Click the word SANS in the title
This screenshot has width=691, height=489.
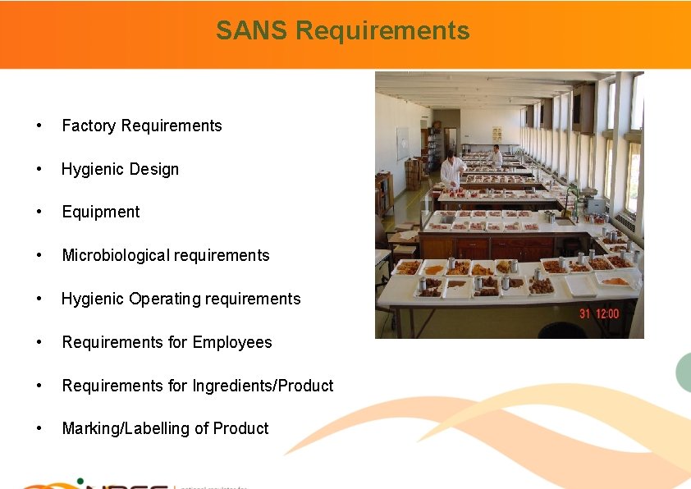coord(252,31)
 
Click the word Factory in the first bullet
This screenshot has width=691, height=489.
coord(88,126)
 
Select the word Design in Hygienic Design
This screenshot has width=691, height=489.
coord(153,169)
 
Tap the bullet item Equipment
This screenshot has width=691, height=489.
coord(101,212)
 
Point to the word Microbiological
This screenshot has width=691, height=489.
coord(115,255)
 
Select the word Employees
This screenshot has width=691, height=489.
coord(233,342)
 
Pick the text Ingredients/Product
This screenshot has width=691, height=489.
coord(263,386)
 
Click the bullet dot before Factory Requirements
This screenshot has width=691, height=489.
coord(38,126)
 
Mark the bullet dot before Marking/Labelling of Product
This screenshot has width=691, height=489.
coord(38,429)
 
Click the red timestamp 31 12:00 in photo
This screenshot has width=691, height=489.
coord(599,313)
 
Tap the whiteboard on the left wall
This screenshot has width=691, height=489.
coord(402,143)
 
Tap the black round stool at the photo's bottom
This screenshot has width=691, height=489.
coord(562,331)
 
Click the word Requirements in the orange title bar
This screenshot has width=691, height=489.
coord(382,31)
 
